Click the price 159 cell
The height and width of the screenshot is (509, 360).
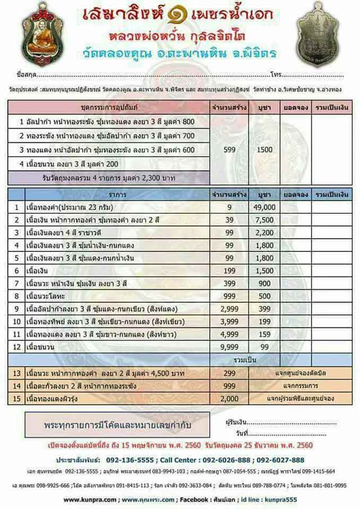pyautogui.click(x=265, y=334)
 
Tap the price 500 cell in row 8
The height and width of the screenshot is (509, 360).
pyautogui.click(x=265, y=296)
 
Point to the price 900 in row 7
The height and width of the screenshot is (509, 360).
pyautogui.click(x=265, y=283)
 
